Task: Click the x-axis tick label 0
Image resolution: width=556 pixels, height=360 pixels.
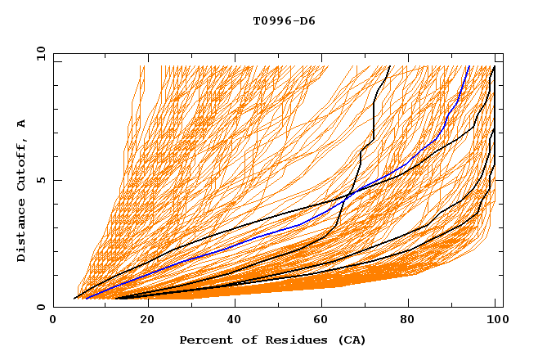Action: pyautogui.click(x=53, y=322)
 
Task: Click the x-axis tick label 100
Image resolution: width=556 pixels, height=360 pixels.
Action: pyautogui.click(x=495, y=322)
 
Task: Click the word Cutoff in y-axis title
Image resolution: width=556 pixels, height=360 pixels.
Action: pyautogui.click(x=22, y=167)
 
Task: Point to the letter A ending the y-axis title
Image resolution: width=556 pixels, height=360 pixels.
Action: pyautogui.click(x=22, y=124)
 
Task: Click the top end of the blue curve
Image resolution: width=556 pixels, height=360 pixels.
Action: pyautogui.click(x=469, y=66)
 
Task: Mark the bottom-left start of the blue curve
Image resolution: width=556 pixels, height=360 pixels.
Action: pyautogui.click(x=84, y=299)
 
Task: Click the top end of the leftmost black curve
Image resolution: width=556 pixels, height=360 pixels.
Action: pyautogui.click(x=390, y=66)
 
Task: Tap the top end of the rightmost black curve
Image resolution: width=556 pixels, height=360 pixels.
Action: pyautogui.click(x=494, y=66)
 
